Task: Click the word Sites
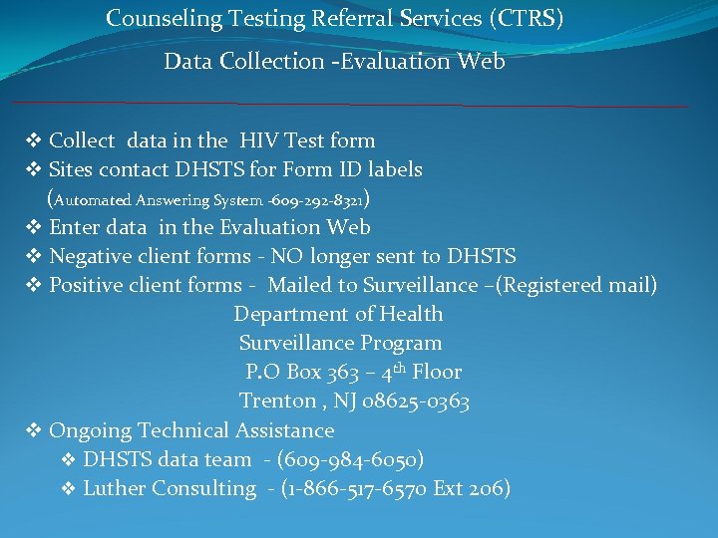(x=72, y=170)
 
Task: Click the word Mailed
(x=300, y=286)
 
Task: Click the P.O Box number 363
(x=342, y=373)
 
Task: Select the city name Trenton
(x=278, y=402)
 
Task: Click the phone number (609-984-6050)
(x=350, y=459)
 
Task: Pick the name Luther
(x=114, y=488)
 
